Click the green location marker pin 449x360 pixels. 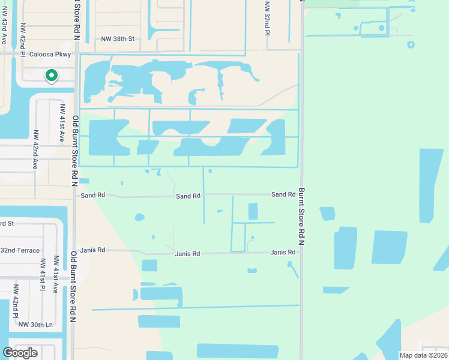coord(52,76)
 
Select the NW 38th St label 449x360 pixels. coord(117,38)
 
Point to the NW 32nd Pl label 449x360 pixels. coord(267,17)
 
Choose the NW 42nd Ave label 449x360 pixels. coord(35,149)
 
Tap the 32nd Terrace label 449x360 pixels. coord(20,250)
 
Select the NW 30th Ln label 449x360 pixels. coord(35,324)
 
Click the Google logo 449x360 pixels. coord(20,352)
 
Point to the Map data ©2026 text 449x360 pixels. coord(423,355)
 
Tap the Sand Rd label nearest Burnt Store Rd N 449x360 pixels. coord(283,194)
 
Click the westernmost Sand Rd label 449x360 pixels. coord(92,195)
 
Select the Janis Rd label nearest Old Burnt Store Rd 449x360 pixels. coord(93,250)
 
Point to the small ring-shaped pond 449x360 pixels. coord(411,44)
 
